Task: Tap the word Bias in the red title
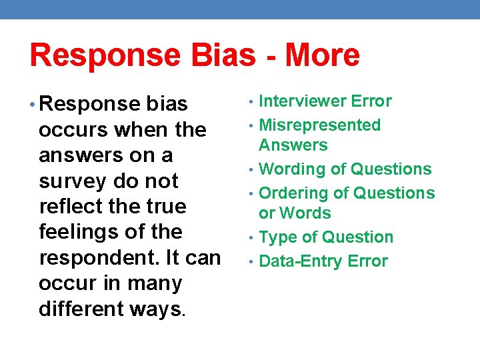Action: pos(218,55)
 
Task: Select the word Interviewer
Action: pos(302,101)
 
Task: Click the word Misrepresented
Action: pos(319,125)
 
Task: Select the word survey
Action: pos(70,181)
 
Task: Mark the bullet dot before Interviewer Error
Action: pos(251,102)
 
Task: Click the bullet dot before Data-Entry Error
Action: pos(251,261)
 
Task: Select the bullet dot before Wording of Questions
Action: pos(251,170)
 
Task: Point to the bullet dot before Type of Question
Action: pos(251,238)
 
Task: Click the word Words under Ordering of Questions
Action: pos(305,213)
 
